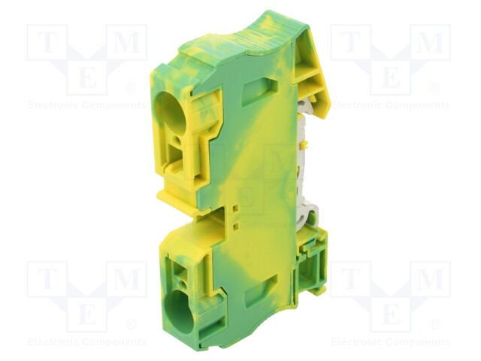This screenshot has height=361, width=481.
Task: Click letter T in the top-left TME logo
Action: pyautogui.click(x=47, y=43)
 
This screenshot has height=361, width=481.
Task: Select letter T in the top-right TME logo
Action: pyautogui.click(x=350, y=43)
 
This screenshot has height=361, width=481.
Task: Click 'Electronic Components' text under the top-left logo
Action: pyautogui.click(x=86, y=105)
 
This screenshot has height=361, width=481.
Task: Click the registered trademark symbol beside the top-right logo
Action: pyautogui.click(x=434, y=88)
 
